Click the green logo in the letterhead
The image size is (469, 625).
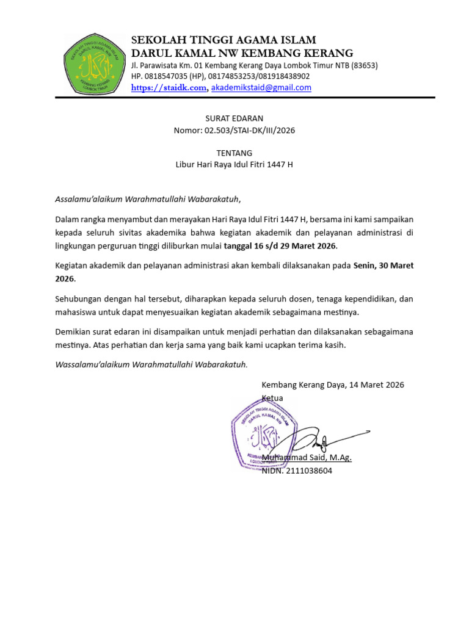tap(95, 63)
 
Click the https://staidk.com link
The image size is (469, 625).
tap(169, 88)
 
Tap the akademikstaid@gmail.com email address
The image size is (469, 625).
tap(261, 88)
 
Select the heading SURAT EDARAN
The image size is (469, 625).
tap(234, 118)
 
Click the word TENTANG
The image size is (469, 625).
tap(234, 153)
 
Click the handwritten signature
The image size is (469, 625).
tap(324, 439)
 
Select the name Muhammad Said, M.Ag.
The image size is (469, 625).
tap(307, 458)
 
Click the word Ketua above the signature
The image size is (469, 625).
tap(272, 398)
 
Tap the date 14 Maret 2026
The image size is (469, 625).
tap(373, 385)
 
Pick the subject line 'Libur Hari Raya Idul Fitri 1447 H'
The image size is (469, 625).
tap(234, 165)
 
